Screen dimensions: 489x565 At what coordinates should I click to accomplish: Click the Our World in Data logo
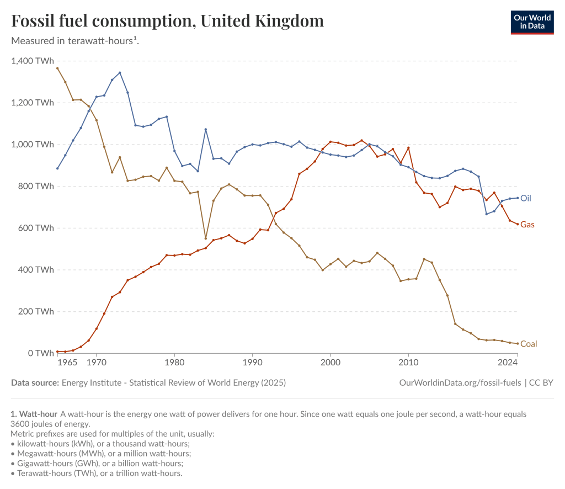tap(532, 22)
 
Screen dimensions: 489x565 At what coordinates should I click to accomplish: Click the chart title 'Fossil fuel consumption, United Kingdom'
tap(167, 22)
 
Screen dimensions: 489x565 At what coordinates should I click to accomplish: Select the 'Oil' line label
tap(526, 198)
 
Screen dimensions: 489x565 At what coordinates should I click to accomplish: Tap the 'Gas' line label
tap(527, 225)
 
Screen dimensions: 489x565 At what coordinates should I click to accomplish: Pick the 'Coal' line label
tap(529, 344)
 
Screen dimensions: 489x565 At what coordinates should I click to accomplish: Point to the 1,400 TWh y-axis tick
tap(33, 61)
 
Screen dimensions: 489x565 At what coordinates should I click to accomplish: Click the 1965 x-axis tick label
tap(67, 363)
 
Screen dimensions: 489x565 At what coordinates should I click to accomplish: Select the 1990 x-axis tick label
tap(252, 363)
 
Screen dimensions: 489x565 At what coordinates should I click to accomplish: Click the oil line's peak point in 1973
tap(120, 73)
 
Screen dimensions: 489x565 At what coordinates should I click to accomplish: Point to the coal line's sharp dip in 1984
tap(205, 238)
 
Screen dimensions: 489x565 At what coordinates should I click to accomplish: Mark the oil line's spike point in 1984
tap(205, 130)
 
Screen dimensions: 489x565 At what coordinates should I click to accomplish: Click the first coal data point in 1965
tap(57, 68)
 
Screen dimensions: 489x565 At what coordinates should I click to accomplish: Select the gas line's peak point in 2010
tap(408, 148)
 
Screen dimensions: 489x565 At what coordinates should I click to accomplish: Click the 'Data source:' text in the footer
tap(35, 382)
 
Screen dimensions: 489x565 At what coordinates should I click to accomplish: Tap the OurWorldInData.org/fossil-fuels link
tap(460, 382)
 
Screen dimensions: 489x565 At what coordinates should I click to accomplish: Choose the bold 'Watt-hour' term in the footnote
tap(38, 414)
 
